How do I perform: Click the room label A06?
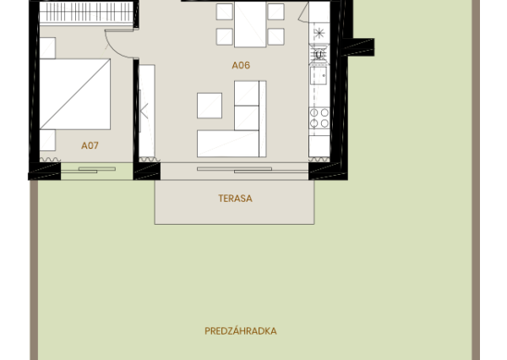click(x=241, y=65)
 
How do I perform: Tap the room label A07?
click(x=90, y=145)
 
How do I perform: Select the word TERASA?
click(x=235, y=199)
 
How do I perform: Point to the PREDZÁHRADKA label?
click(x=240, y=331)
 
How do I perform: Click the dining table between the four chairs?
click(x=250, y=24)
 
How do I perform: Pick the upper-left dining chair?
click(x=224, y=11)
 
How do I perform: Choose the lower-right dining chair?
click(x=275, y=36)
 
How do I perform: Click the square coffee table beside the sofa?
click(x=210, y=105)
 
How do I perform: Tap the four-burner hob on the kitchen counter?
click(x=319, y=117)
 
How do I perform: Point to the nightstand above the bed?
click(x=46, y=48)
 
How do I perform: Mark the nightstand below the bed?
click(x=47, y=140)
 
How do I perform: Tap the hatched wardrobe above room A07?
click(x=86, y=12)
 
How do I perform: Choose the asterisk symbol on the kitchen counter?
click(x=319, y=34)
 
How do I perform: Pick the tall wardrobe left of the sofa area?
click(x=146, y=110)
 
